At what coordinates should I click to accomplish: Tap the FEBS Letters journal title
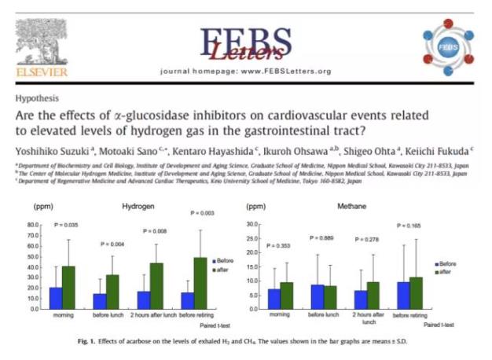pos(245,42)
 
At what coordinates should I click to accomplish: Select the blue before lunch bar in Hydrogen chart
pos(100,301)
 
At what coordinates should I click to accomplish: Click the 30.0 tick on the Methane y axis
pos(252,225)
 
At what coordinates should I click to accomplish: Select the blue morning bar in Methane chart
pos(274,299)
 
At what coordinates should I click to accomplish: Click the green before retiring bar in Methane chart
pos(416,292)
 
